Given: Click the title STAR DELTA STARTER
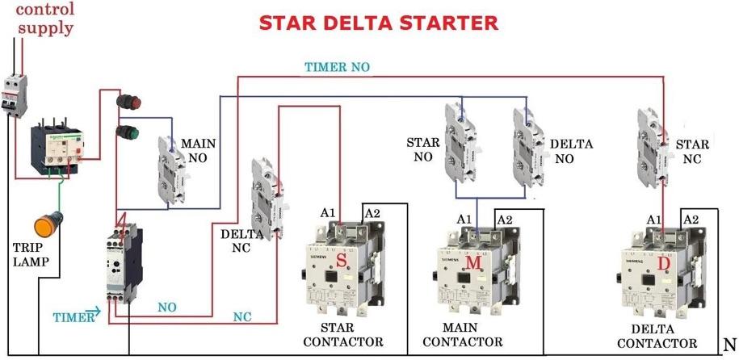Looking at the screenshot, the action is [x=378, y=22].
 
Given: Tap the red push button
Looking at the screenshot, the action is [x=128, y=103].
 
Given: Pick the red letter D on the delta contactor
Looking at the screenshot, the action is [x=664, y=266].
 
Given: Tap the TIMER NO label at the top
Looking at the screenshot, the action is [x=337, y=67].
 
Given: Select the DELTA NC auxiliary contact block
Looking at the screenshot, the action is [x=266, y=195].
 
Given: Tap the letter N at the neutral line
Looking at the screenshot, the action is [x=729, y=342].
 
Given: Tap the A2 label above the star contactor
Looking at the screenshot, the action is [x=372, y=212].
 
